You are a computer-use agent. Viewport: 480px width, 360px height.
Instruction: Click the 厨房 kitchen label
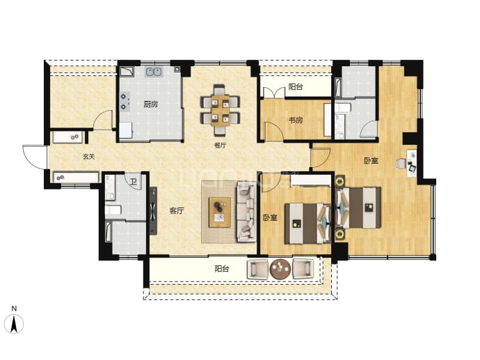151,104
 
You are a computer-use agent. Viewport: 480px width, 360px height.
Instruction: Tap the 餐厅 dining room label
220,146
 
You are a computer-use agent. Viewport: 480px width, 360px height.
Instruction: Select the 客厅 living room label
177,211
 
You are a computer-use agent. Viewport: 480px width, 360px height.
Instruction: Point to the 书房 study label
296,120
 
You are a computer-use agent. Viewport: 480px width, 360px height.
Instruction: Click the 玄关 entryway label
89,157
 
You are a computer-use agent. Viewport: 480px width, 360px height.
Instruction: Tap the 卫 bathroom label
134,182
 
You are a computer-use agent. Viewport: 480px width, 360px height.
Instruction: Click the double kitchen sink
154,72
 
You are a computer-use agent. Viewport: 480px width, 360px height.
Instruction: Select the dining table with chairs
220,110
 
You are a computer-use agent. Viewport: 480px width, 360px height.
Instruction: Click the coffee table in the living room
220,212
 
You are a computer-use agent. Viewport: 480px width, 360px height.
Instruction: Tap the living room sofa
246,212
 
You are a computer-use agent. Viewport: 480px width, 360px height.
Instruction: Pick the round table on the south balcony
280,269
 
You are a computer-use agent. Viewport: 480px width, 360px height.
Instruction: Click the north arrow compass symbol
14,324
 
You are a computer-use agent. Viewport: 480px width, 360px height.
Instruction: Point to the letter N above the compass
14,308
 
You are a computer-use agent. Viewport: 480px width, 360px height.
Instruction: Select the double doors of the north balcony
274,93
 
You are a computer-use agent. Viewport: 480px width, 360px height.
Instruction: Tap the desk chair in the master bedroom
400,164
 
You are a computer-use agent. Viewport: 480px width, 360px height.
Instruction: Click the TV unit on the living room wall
153,211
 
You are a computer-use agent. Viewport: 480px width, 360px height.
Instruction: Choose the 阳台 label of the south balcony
222,269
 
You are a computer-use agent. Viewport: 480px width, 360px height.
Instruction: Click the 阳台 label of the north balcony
296,87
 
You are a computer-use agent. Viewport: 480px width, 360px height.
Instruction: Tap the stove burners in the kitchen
124,102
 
